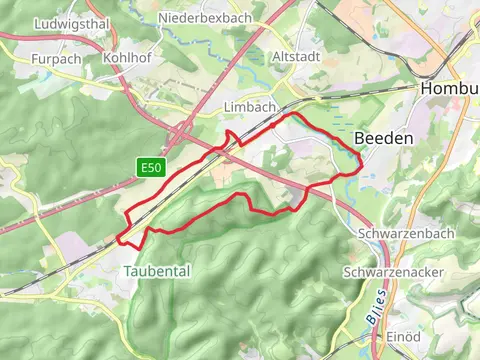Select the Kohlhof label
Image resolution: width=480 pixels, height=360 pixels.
click(x=127, y=58)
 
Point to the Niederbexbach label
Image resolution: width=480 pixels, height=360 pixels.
click(x=211, y=18)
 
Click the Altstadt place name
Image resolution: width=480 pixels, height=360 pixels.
click(x=295, y=57)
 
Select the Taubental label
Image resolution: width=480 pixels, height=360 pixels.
click(x=156, y=271)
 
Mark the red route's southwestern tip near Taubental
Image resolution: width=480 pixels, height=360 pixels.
click(x=121, y=240)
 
